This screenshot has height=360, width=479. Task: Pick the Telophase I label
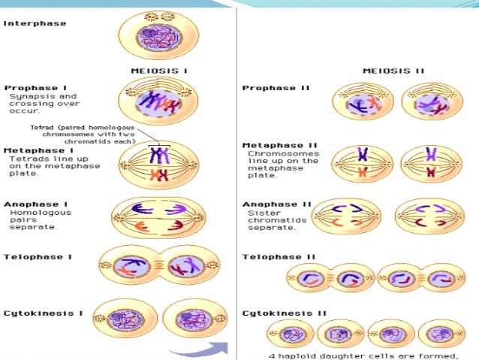tap(32, 256)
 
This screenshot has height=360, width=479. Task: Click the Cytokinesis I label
tap(37, 312)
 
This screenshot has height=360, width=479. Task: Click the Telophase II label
tap(274, 256)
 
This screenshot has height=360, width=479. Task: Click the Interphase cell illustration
tap(159, 36)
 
